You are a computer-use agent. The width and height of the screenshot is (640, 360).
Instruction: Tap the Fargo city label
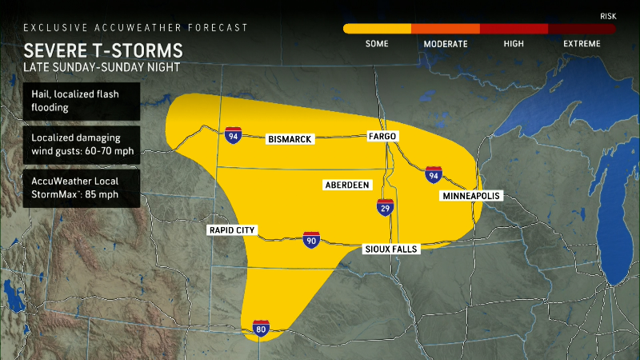382,137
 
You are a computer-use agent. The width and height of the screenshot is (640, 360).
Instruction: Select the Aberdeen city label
347,185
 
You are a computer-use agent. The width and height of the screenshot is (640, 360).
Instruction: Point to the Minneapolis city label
470,196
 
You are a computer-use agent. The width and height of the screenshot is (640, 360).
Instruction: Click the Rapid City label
231,230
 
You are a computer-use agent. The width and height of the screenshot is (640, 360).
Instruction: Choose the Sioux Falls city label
391,249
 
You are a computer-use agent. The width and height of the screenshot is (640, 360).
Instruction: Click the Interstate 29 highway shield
385,208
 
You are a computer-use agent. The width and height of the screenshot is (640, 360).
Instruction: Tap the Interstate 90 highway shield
311,239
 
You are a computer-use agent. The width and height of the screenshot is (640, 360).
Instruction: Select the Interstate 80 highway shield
261,328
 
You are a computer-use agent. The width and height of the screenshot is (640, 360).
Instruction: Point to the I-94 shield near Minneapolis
433,174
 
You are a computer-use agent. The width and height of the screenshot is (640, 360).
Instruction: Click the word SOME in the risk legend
377,43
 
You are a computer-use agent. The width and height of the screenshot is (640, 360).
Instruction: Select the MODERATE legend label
445,43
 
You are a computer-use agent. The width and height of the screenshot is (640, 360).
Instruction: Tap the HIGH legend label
514,43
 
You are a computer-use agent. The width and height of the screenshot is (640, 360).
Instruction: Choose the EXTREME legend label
581,43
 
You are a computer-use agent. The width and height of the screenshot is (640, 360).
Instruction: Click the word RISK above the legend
608,16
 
